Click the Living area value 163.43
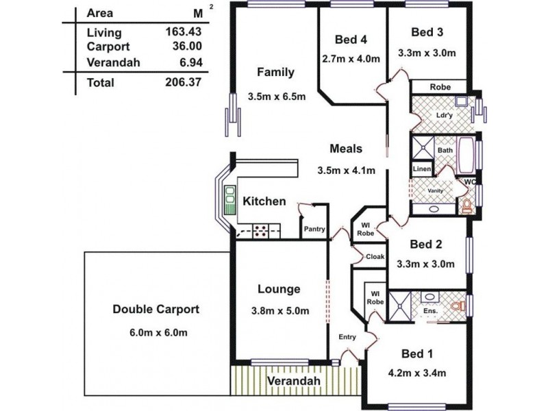pyautogui.click(x=184, y=32)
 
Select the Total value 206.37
pyautogui.click(x=184, y=82)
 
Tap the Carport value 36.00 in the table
pyautogui.click(x=187, y=46)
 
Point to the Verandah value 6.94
pyautogui.click(x=191, y=62)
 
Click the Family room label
pyautogui.click(x=276, y=72)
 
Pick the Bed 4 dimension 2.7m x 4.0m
pyautogui.click(x=351, y=58)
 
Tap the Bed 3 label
pyautogui.click(x=427, y=32)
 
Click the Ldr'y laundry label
pyautogui.click(x=444, y=115)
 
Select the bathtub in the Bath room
pyautogui.click(x=466, y=155)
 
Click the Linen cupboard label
pyautogui.click(x=422, y=169)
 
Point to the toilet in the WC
pyautogui.click(x=467, y=206)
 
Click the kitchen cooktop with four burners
pyautogui.click(x=260, y=232)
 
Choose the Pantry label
pyautogui.click(x=314, y=229)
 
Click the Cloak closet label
pyautogui.click(x=375, y=256)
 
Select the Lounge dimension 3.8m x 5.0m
pyautogui.click(x=280, y=311)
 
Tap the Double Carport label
pyautogui.click(x=156, y=310)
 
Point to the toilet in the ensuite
pyautogui.click(x=458, y=306)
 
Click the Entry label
pyautogui.click(x=347, y=337)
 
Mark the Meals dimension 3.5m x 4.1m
pyautogui.click(x=347, y=171)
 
